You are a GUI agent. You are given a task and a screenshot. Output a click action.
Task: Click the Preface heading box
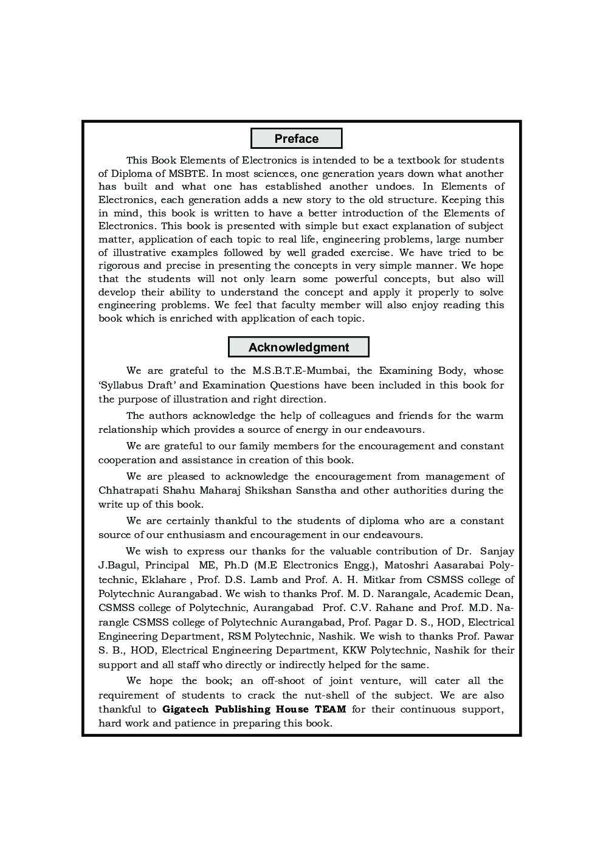(296, 139)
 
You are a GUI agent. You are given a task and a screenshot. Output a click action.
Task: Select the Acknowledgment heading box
(298, 347)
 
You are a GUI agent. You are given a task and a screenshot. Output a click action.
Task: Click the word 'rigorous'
(119, 266)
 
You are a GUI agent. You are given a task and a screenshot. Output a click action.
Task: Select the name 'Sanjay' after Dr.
(497, 551)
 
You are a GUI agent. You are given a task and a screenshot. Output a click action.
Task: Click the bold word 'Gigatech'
(186, 710)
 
